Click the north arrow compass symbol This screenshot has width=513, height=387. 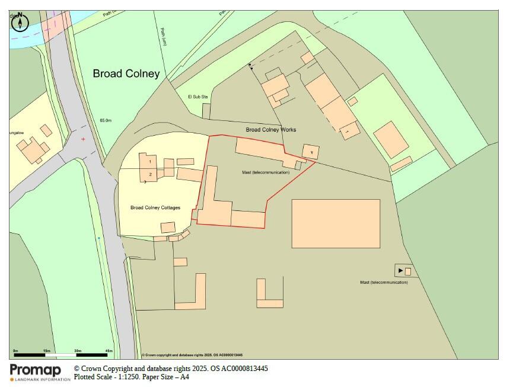pyautogui.click(x=21, y=23)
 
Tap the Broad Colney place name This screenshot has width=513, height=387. pyautogui.click(x=126, y=73)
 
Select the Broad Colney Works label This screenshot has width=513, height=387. pyautogui.click(x=270, y=129)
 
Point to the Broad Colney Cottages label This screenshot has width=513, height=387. pyautogui.click(x=155, y=207)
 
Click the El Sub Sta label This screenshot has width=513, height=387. pyautogui.click(x=198, y=97)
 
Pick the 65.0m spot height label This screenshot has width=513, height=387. pyautogui.click(x=106, y=120)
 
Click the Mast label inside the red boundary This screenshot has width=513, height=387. pyautogui.click(x=266, y=172)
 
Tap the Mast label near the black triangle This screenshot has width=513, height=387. pyautogui.click(x=384, y=282)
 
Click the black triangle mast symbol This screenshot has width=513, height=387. pyautogui.click(x=400, y=271)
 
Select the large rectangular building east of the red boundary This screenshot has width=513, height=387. pyautogui.click(x=336, y=223)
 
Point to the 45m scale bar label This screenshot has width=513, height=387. pyautogui.click(x=109, y=351)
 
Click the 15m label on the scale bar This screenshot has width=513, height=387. pyautogui.click(x=46, y=351)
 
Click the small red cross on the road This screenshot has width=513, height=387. pyautogui.click(x=83, y=139)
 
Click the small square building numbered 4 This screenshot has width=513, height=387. pyautogui.click(x=311, y=152)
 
